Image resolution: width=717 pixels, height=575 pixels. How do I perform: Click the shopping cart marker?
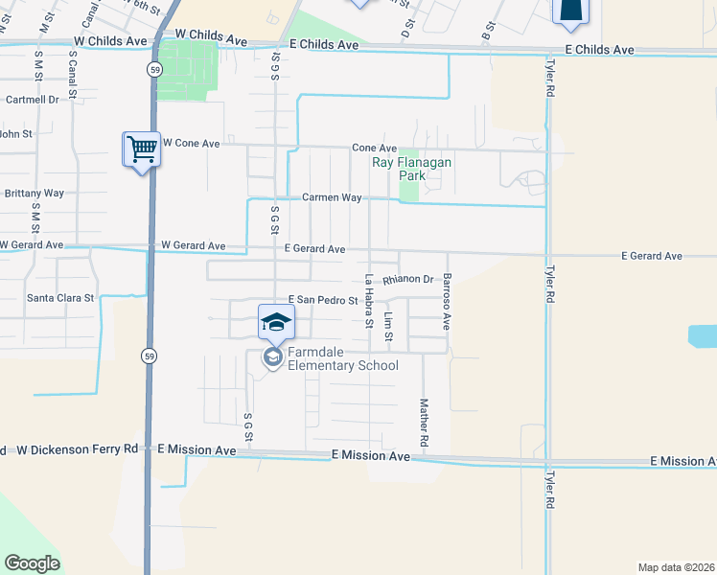pos(141,149)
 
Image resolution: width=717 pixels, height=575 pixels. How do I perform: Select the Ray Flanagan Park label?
pos(411,169)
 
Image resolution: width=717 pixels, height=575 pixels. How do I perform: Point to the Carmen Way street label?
pos(332,197)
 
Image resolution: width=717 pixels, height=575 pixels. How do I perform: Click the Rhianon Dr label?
pos(408,280)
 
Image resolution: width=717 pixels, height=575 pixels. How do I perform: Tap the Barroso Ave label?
pos(447,302)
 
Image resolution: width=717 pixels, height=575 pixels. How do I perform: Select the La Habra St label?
pos(369,301)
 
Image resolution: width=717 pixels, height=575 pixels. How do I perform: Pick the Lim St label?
pos(388,327)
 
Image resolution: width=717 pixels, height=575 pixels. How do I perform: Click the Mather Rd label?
pos(423,422)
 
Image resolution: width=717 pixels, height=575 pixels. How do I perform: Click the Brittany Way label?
pos(34,193)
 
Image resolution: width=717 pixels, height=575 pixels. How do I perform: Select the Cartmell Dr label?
pos(33,99)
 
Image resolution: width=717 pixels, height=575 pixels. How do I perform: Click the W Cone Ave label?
pos(191,143)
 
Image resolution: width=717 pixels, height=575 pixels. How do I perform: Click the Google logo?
pos(32,563)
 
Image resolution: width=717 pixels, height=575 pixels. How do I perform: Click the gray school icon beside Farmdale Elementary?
pos(272,357)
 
